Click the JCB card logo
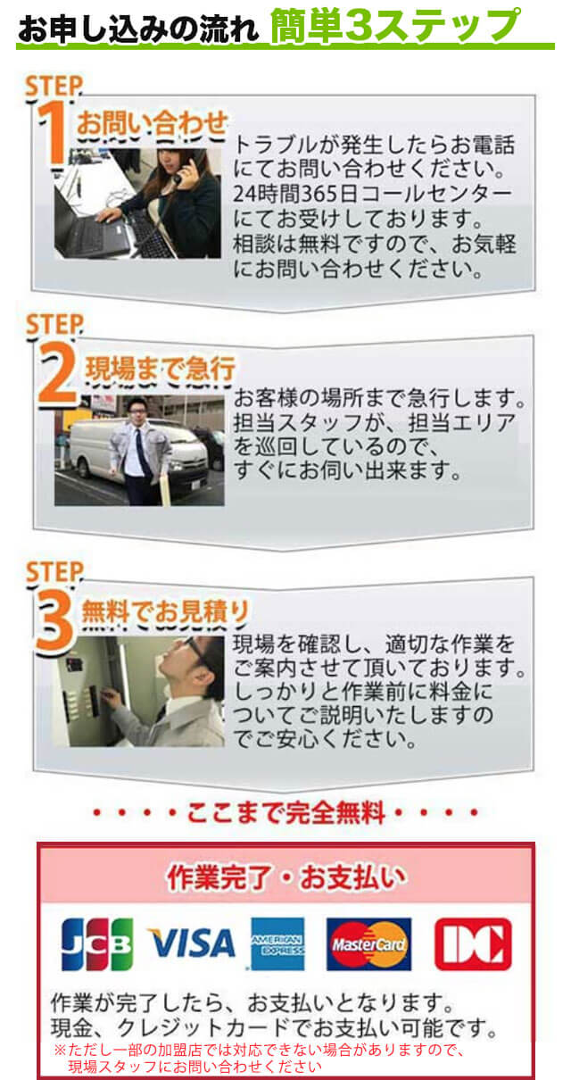click(x=96, y=943)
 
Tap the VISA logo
click(x=191, y=943)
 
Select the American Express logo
click(x=277, y=943)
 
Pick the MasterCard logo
click(x=368, y=943)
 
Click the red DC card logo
click(x=473, y=943)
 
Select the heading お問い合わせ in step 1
click(x=152, y=125)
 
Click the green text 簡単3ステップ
click(x=394, y=23)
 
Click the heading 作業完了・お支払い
click(x=285, y=878)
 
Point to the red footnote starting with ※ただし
click(x=259, y=1058)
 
